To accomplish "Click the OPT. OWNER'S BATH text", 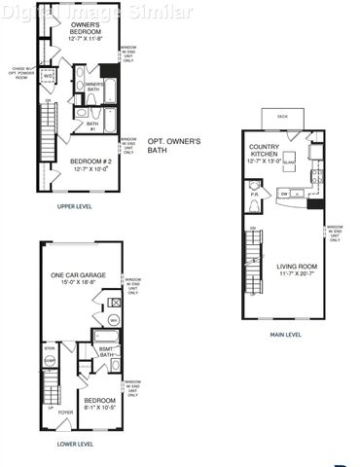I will pyautogui.click(x=174, y=147).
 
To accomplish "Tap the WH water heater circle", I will pyautogui.click(x=113, y=320).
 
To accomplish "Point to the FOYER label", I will pyautogui.click(x=65, y=413).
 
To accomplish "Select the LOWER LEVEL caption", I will pyautogui.click(x=75, y=444).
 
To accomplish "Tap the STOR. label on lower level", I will pyautogui.click(x=49, y=347).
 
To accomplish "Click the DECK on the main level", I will pyautogui.click(x=282, y=115).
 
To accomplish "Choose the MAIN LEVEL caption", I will pyautogui.click(x=285, y=336).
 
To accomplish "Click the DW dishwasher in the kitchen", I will pyautogui.click(x=284, y=193).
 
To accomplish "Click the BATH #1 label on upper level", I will pyautogui.click(x=92, y=124).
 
